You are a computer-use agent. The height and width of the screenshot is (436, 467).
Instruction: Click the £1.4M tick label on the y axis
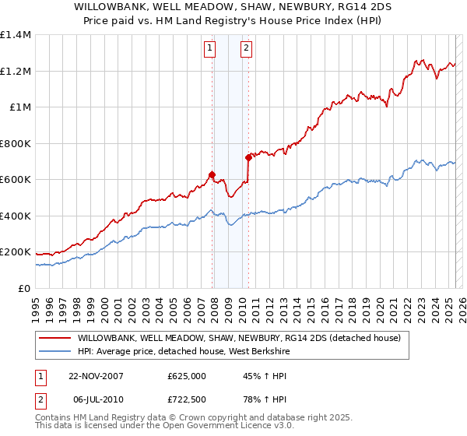[x=16, y=35]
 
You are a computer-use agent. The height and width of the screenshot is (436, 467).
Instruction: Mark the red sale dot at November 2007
[x=212, y=174]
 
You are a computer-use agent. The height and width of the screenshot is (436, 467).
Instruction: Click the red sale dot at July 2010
[x=248, y=157]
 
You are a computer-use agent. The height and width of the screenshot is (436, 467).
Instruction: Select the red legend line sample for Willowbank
[x=54, y=338]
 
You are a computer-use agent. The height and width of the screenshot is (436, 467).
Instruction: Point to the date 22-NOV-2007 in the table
[x=97, y=375]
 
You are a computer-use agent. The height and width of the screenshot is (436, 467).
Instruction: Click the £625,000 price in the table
[x=187, y=375]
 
